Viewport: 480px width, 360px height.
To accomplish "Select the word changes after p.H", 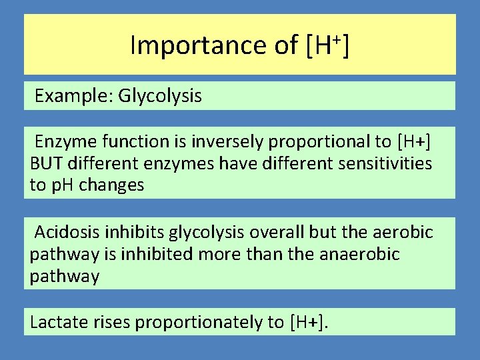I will coord(111,185).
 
